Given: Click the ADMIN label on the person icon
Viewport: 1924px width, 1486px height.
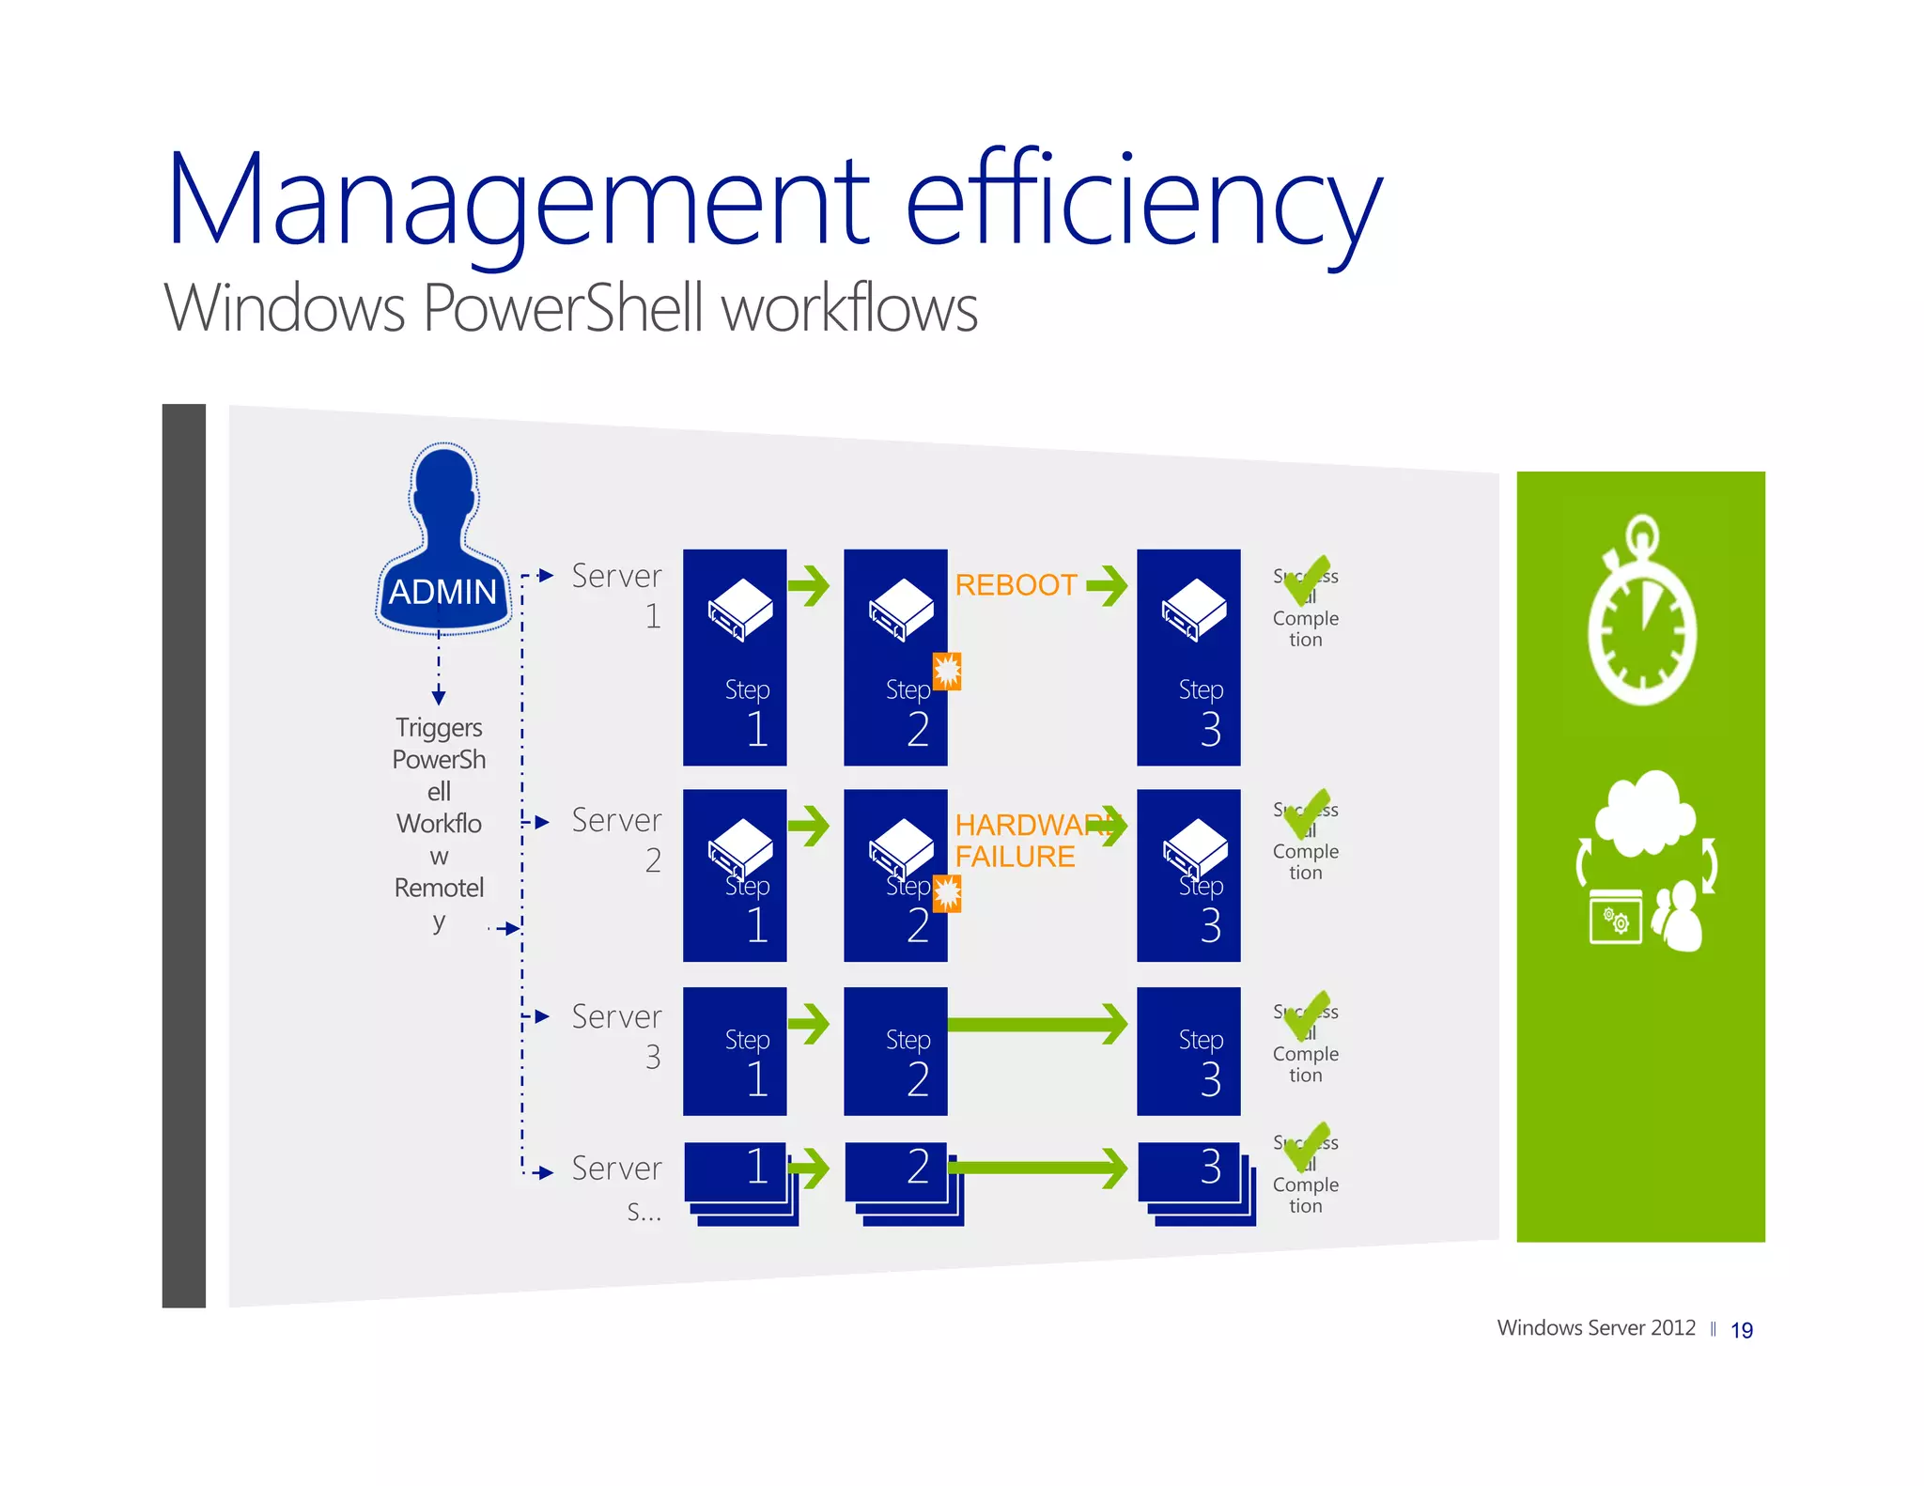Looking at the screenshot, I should click(x=442, y=592).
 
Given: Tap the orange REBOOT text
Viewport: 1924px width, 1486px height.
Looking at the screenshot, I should click(x=1016, y=585).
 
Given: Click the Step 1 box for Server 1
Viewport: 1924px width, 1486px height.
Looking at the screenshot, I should click(x=735, y=658).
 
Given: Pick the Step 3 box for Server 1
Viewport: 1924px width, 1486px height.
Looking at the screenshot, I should click(x=1188, y=658).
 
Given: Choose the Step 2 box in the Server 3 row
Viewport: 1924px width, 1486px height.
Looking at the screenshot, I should click(x=895, y=1051).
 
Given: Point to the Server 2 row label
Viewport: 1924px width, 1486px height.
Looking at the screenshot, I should click(x=616, y=839).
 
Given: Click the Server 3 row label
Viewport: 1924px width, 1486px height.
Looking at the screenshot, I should click(x=616, y=1035).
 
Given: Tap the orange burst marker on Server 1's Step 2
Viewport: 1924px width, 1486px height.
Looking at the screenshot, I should click(x=947, y=671).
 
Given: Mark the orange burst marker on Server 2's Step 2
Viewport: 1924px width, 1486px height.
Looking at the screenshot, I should click(x=947, y=893).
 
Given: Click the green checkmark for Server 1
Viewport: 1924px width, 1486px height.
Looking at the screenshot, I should click(x=1307, y=580).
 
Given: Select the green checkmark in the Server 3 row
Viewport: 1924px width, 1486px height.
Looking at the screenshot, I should click(x=1307, y=1016).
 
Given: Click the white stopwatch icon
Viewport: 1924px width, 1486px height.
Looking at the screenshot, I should click(x=1642, y=614).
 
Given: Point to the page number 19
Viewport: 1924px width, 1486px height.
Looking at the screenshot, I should click(x=1742, y=1330).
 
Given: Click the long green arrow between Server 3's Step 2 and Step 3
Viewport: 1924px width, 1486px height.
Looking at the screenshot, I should click(x=1037, y=1024).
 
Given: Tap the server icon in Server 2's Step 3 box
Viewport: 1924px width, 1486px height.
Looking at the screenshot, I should click(x=1195, y=848).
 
